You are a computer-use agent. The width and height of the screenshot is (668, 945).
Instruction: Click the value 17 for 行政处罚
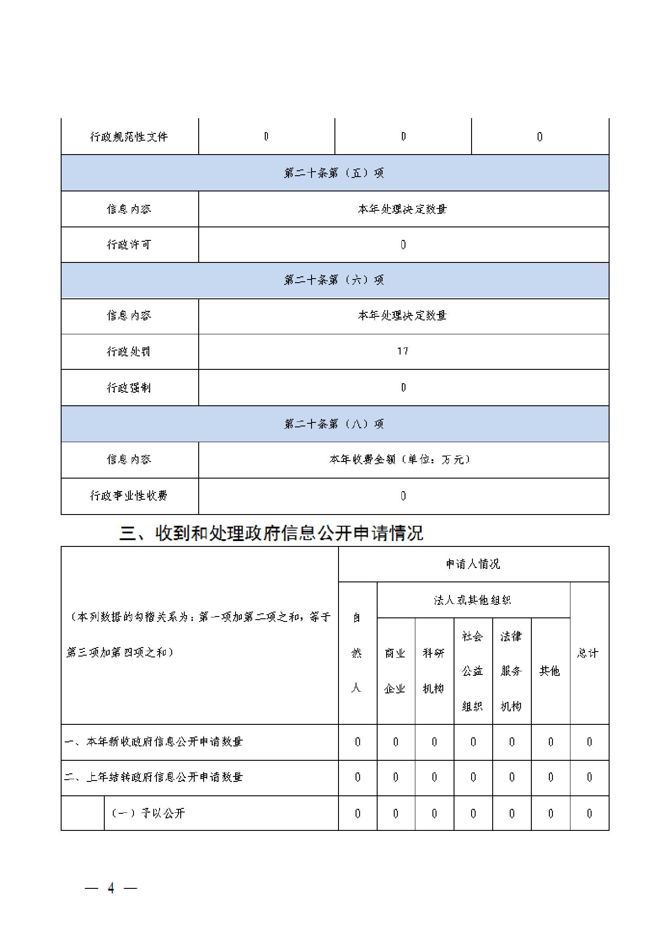(x=403, y=351)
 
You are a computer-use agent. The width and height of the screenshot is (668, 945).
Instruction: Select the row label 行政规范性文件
(x=129, y=137)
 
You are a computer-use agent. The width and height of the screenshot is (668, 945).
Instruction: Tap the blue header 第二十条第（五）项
(x=334, y=173)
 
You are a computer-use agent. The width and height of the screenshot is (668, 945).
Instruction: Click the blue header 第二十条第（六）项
(x=334, y=280)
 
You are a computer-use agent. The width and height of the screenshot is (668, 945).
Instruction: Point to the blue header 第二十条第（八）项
(x=334, y=424)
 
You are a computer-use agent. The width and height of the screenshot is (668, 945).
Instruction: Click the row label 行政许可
(x=129, y=244)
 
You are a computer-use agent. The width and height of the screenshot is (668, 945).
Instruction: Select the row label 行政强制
(x=129, y=387)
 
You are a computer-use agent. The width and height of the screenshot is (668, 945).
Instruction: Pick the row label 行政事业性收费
(x=129, y=496)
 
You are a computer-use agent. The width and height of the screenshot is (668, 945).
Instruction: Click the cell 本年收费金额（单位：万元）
(x=400, y=459)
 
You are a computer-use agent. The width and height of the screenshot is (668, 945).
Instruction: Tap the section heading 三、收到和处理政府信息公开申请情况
(x=271, y=533)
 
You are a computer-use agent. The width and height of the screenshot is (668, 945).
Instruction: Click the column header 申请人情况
(x=473, y=564)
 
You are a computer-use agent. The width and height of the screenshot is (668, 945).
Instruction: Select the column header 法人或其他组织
(x=473, y=600)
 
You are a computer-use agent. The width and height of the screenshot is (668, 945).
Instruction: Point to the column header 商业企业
(x=395, y=670)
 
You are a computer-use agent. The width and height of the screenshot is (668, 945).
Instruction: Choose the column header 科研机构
(x=434, y=670)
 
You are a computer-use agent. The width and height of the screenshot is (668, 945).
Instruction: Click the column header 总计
(x=588, y=653)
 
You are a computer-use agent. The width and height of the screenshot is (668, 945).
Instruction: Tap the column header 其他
(x=550, y=671)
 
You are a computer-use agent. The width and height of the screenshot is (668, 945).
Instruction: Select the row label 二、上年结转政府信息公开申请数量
(x=154, y=777)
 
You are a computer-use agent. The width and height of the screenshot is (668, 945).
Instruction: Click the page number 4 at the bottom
(x=111, y=888)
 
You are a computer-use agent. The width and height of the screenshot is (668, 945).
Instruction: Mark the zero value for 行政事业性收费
(x=403, y=496)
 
